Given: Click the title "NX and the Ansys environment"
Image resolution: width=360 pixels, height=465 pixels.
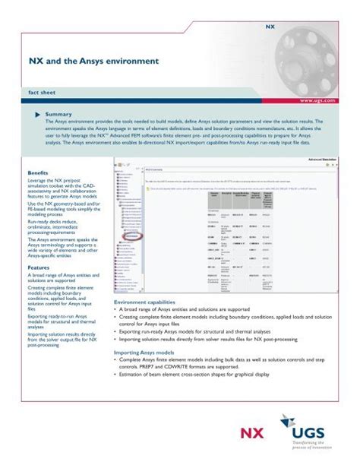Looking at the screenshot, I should (93, 59).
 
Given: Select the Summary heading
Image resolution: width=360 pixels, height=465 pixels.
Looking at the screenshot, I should (58, 114).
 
